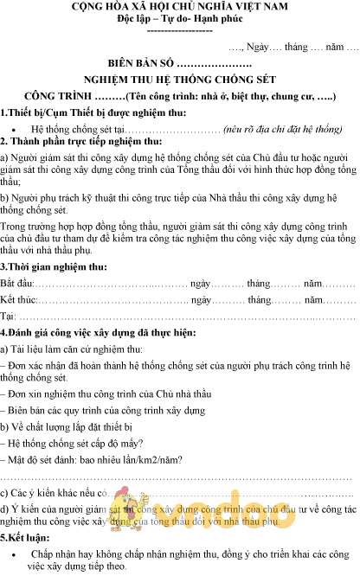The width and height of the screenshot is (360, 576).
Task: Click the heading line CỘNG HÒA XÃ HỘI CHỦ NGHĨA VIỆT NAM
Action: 180,8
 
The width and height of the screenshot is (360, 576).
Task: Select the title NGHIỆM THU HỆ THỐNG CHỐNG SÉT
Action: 179,80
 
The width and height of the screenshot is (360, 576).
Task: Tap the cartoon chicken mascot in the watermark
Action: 135,505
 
